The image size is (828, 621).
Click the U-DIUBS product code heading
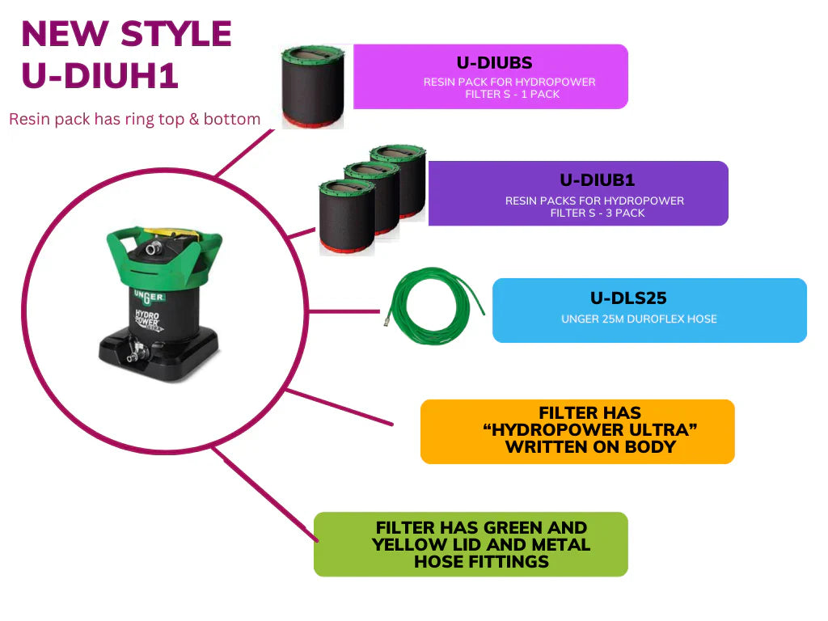[x=494, y=63]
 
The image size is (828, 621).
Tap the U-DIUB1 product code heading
[x=597, y=180]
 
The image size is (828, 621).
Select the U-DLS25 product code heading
[x=628, y=298]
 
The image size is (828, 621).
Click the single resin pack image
[x=313, y=87]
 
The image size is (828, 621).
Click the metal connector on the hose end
[x=387, y=318]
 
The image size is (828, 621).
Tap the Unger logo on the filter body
[x=149, y=297]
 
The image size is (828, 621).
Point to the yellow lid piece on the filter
[x=167, y=232]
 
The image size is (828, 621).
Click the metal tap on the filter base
[x=135, y=353]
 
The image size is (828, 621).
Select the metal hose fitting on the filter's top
[x=154, y=247]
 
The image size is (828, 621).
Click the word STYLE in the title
[x=176, y=34]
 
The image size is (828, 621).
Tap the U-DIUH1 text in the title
[x=99, y=75]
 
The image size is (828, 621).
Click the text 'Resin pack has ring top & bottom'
[x=135, y=119]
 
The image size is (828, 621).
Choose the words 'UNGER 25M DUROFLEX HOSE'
[x=639, y=319]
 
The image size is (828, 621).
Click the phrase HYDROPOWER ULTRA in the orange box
[x=590, y=430]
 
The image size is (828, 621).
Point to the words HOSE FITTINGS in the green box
[x=482, y=561]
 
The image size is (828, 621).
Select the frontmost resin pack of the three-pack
[x=346, y=217]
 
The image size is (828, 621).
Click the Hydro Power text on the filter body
[x=148, y=320]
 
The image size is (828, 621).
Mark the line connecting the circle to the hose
[x=343, y=311]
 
